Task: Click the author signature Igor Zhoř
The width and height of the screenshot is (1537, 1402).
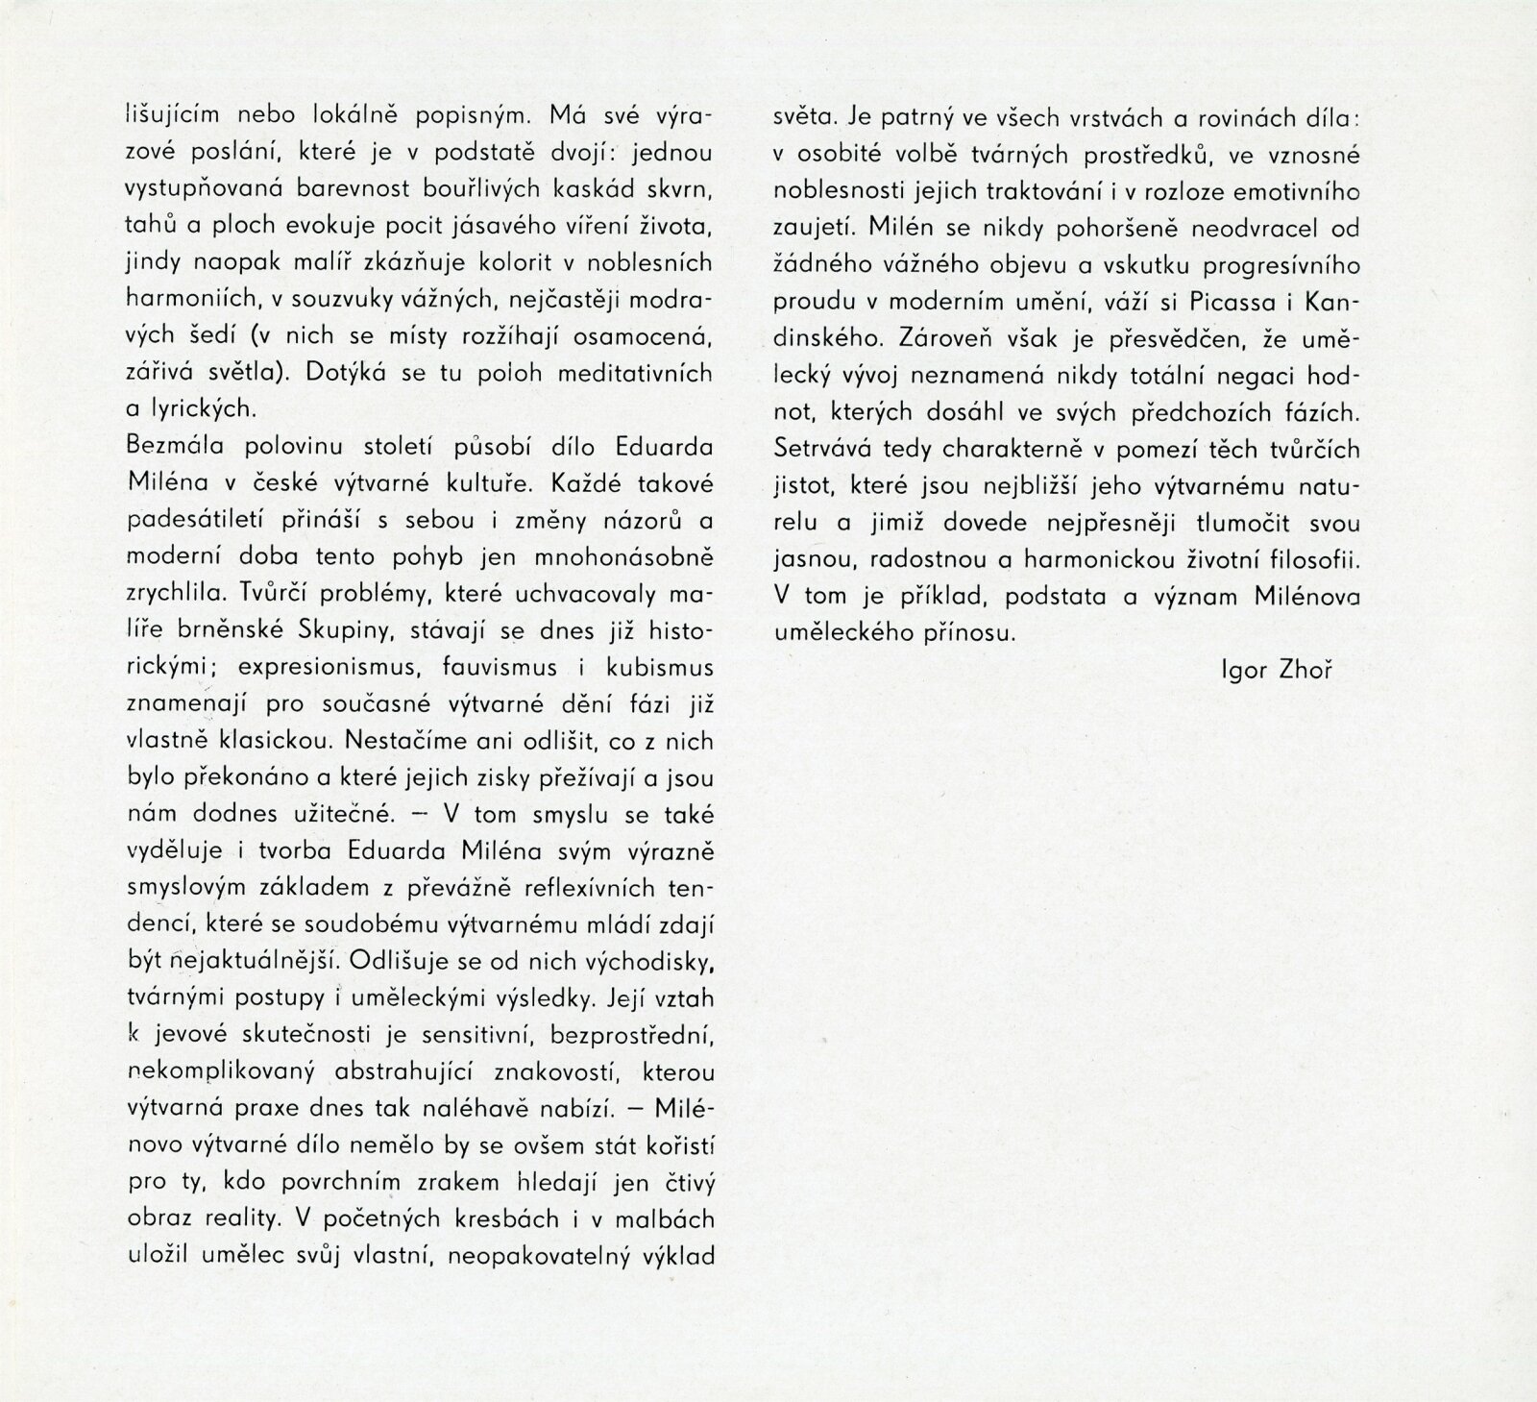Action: tap(1276, 670)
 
